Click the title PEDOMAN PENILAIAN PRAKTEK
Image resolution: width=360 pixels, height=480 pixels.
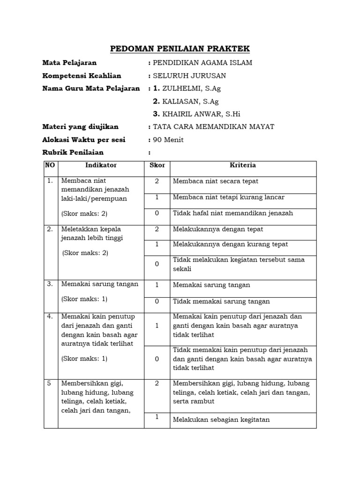[180, 49]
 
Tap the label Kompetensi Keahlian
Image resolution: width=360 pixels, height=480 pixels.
[82, 75]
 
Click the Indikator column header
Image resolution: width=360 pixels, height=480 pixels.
[101, 165]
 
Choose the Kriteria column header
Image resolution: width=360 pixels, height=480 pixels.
[243, 165]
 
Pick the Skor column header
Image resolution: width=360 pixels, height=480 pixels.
[157, 165]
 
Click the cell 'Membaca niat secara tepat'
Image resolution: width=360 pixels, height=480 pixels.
[216, 181]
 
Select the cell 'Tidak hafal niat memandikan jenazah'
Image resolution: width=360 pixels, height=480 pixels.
[233, 213]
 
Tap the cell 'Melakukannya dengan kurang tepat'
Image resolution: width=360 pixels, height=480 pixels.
[230, 244]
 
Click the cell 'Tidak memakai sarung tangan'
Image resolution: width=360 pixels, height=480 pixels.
[221, 301]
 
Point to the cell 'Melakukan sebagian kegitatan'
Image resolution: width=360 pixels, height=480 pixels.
[221, 420]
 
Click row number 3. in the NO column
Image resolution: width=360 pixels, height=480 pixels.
[50, 284]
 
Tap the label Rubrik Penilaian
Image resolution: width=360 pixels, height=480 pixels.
[73, 152]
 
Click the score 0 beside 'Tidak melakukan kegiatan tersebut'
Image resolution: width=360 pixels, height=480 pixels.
[157, 264]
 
